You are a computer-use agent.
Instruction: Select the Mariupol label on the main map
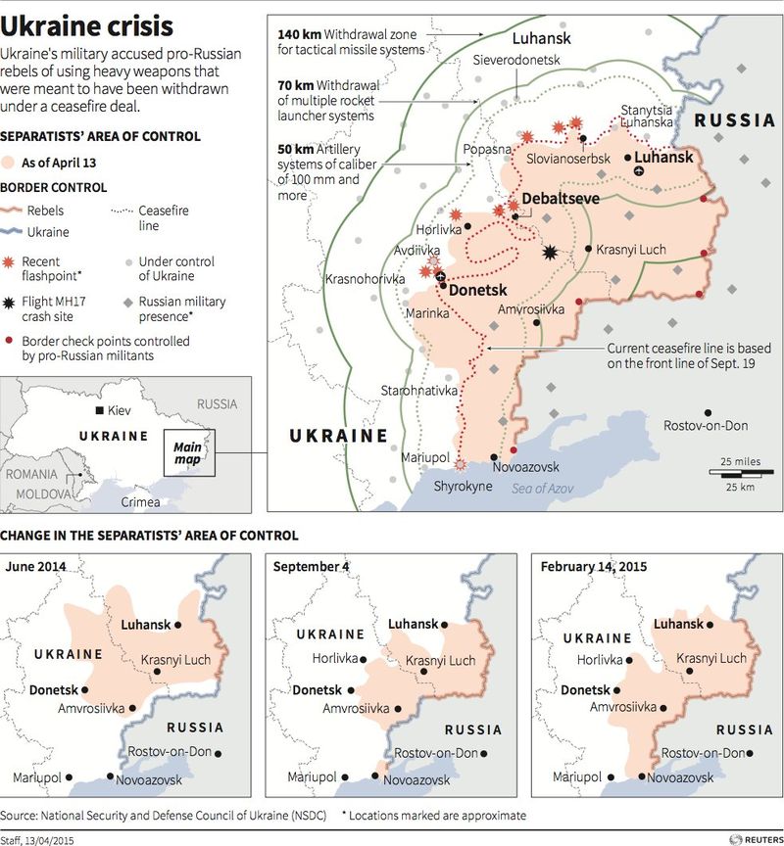425,458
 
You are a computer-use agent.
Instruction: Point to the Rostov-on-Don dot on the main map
706,411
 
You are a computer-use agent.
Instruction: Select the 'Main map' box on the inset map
189,452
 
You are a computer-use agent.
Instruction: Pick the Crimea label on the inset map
140,501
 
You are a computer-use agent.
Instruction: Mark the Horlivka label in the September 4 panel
335,659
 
